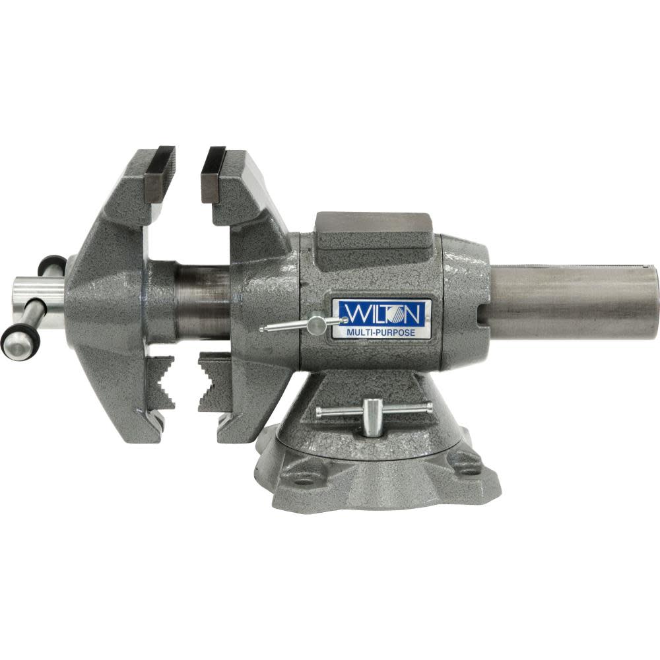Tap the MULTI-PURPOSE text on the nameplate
(x=381, y=333)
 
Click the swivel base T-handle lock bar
(x=374, y=411)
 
